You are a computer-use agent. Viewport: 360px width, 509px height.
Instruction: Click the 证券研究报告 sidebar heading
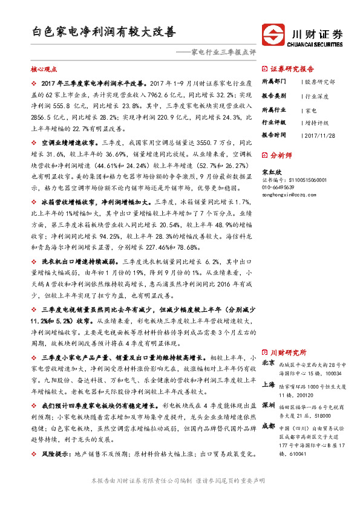click(x=292, y=69)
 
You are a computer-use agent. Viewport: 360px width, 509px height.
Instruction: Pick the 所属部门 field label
click(x=273, y=81)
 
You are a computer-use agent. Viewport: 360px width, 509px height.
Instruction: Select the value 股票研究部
click(x=320, y=81)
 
